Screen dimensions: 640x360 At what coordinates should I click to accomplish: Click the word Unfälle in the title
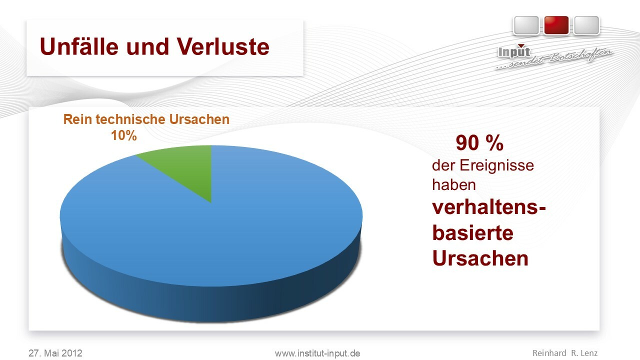(79, 46)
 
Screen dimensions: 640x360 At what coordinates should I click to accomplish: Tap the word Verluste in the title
(223, 46)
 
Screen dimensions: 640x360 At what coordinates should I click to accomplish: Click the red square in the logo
(556, 25)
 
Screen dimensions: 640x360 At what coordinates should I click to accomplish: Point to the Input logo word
(514, 51)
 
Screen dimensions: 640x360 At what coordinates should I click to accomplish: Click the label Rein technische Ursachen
(146, 119)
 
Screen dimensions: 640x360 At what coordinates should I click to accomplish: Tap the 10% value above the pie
(123, 135)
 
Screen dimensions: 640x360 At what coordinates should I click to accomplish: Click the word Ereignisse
(496, 165)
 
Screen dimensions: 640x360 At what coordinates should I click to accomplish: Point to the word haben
(453, 184)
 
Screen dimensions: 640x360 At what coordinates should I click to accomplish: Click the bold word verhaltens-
(489, 207)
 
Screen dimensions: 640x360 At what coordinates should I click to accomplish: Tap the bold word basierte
(473, 233)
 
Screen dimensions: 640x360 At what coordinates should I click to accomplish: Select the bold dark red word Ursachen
(480, 258)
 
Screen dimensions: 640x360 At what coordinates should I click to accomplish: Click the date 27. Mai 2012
(55, 353)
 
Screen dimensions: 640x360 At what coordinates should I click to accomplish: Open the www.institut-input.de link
(317, 353)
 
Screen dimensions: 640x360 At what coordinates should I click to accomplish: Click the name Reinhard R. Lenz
(565, 353)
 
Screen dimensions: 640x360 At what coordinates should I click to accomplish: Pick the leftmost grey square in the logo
(526, 25)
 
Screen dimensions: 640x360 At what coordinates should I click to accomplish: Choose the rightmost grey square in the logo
(586, 25)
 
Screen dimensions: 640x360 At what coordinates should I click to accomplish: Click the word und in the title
(147, 47)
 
